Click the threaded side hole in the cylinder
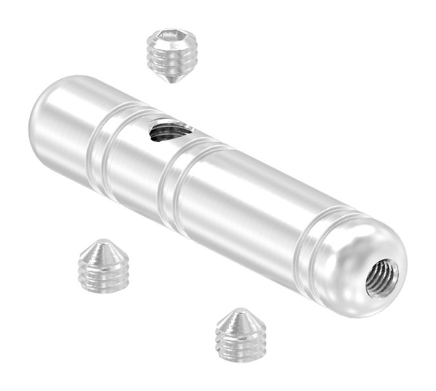tap(169, 131)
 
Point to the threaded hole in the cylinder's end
tap(382, 279)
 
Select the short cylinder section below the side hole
tap(142, 170)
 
